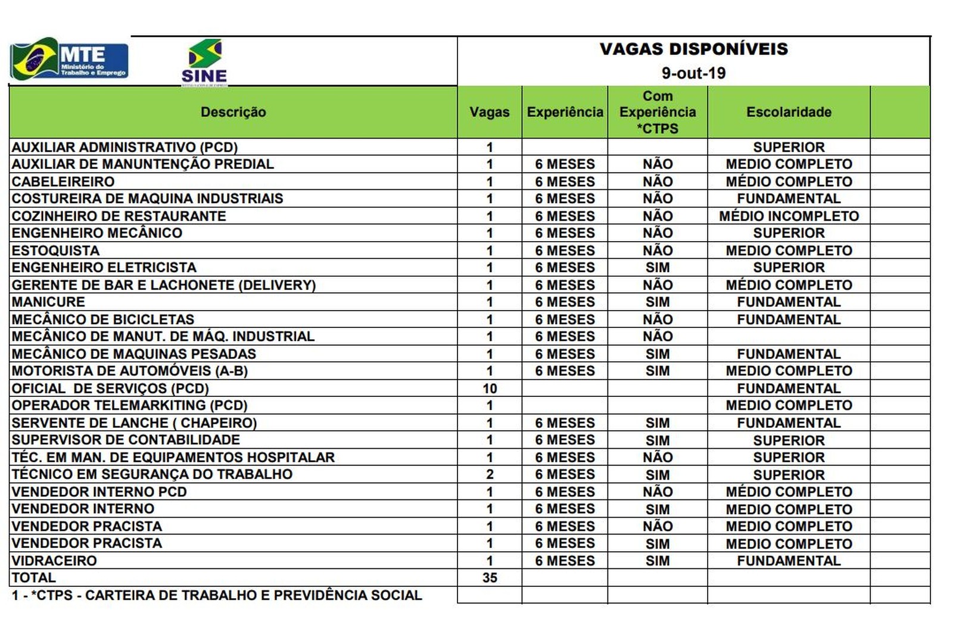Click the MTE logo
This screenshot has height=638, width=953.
(69, 60)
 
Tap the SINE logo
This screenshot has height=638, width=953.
(204, 62)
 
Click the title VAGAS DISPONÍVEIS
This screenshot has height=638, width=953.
(693, 49)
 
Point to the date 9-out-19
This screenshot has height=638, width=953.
(693, 73)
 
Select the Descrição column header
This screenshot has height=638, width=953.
(233, 112)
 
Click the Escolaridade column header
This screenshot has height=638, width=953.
(789, 112)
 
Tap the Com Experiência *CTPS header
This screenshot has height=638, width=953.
(658, 112)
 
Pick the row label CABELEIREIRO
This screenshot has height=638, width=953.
(63, 182)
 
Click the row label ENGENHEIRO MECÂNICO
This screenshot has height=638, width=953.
(97, 233)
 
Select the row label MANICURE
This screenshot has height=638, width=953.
(48, 302)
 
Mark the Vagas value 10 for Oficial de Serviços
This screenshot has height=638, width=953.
(490, 389)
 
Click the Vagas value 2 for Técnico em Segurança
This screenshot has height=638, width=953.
(490, 474)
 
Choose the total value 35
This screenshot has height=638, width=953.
(490, 578)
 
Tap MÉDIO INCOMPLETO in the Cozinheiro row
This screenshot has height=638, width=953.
(789, 216)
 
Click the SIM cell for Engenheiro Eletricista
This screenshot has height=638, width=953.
(658, 268)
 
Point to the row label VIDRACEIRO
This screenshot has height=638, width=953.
(54, 561)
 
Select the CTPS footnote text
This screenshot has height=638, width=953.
(217, 595)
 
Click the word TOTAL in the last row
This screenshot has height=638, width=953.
(34, 578)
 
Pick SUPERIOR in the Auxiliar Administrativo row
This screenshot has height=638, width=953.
(789, 147)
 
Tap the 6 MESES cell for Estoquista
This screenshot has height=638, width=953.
(565, 251)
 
